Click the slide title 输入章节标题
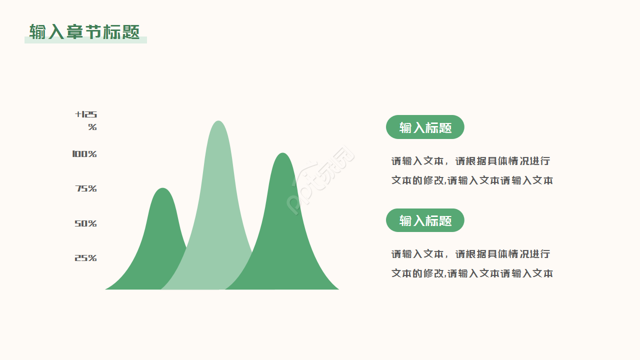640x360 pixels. tap(84, 31)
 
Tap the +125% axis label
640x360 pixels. tap(86, 120)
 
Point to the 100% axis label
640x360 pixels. tap(84, 154)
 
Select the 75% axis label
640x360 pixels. tap(86, 188)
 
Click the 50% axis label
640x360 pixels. tap(85, 223)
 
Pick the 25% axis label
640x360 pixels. tap(85, 258)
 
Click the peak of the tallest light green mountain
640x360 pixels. tap(218, 122)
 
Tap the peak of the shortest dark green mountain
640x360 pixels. tap(162, 190)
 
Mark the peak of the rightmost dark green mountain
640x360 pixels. tap(283, 155)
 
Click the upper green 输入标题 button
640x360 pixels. tap(425, 127)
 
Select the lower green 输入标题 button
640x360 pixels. tap(425, 220)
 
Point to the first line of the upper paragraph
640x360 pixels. tap(470, 161)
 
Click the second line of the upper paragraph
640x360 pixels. tap(472, 180)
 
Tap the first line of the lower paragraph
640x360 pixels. tap(470, 254)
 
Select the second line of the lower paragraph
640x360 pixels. tap(472, 273)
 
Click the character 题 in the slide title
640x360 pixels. tap(131, 31)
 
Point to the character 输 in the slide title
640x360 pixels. tap(37, 31)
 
